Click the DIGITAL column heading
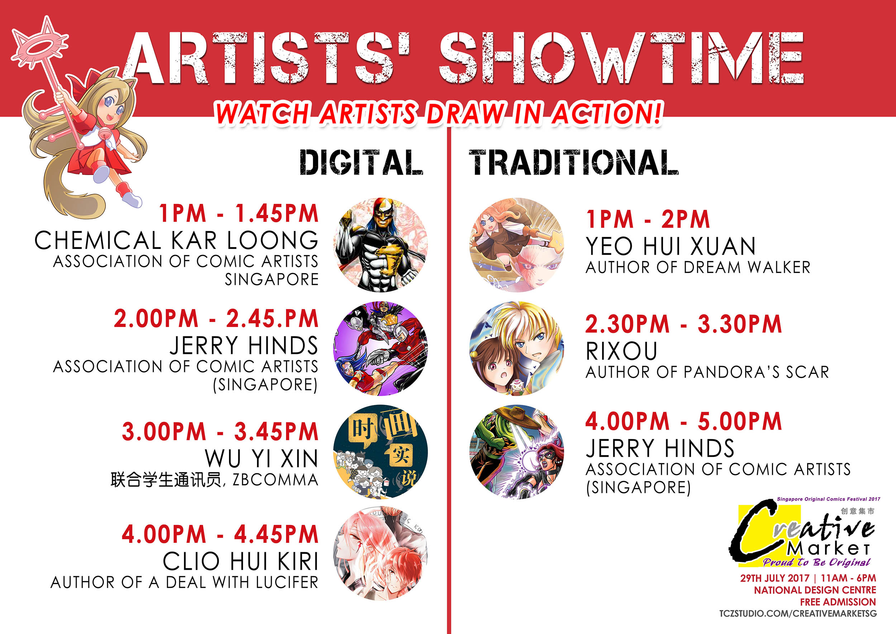pyautogui.click(x=361, y=162)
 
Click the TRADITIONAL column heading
pyautogui.click(x=573, y=162)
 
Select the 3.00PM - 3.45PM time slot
pyautogui.click(x=220, y=431)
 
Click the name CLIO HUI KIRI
pyautogui.click(x=241, y=561)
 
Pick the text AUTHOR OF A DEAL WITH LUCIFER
pyautogui.click(x=185, y=582)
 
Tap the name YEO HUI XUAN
pyautogui.click(x=671, y=246)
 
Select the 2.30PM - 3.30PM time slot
pyautogui.click(x=684, y=324)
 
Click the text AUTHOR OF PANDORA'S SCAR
pyautogui.click(x=707, y=372)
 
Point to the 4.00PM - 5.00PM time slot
pyautogui.click(x=684, y=421)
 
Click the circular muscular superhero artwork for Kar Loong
pyautogui.click(x=381, y=245)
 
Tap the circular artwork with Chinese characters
pyautogui.click(x=381, y=452)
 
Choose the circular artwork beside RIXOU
pyautogui.click(x=517, y=349)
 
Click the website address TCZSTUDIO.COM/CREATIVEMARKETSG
pyautogui.click(x=798, y=613)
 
